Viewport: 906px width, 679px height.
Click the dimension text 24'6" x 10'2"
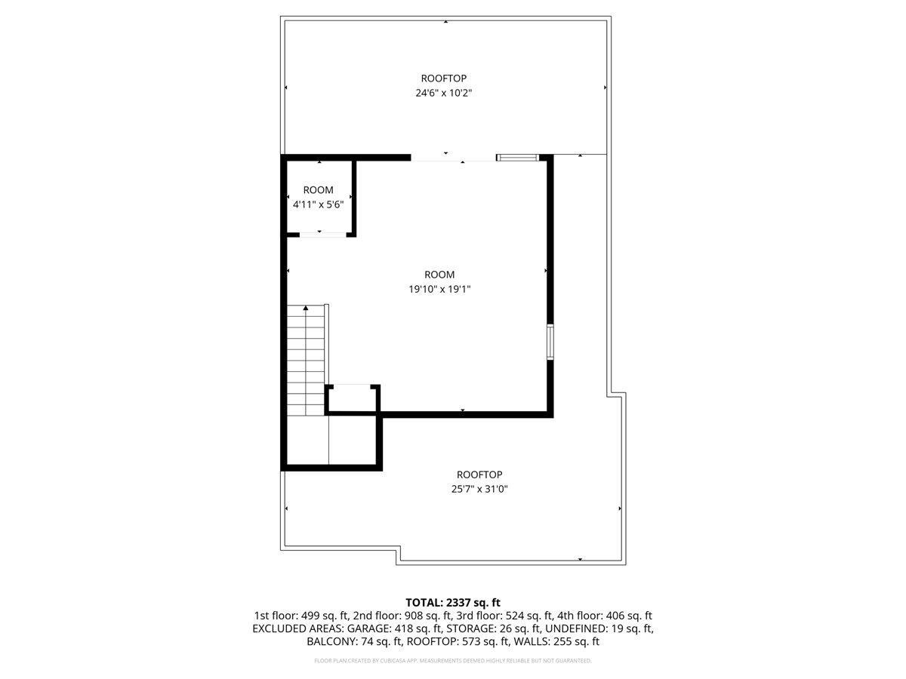tap(443, 93)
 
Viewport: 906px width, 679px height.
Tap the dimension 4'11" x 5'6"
tap(319, 204)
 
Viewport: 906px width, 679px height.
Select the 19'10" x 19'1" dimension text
tap(439, 289)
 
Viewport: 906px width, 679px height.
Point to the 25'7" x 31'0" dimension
tap(479, 489)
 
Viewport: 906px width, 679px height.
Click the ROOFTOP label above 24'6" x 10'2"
tap(444, 78)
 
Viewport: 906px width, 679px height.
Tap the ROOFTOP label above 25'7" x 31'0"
tap(479, 475)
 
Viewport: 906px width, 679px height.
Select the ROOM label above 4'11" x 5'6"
tap(319, 190)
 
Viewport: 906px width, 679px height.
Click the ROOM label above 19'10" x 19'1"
tap(439, 275)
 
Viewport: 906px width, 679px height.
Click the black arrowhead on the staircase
tap(306, 308)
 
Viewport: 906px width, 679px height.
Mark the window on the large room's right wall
tap(550, 343)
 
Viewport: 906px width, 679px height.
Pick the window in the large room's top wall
tap(518, 158)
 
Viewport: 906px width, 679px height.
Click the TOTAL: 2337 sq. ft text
tap(453, 603)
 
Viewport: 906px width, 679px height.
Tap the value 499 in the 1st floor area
tap(310, 616)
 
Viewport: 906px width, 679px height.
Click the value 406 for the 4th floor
tap(615, 616)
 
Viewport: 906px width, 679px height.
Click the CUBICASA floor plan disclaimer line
tap(453, 661)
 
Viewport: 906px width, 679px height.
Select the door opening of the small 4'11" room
tap(323, 235)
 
